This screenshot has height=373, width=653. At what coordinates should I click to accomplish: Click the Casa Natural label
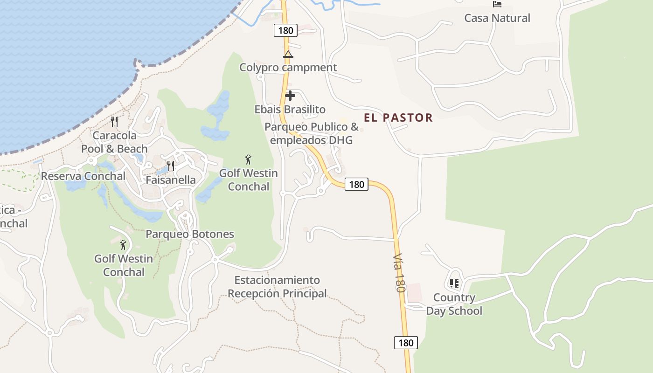coord(497,18)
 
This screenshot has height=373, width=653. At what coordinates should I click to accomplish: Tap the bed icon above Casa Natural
coord(497,4)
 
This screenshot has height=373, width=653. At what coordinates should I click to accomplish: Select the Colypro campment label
coord(288,67)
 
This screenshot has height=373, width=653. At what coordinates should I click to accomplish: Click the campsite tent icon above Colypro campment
coord(288,54)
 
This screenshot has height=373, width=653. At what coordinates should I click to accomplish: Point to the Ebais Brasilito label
coord(290,110)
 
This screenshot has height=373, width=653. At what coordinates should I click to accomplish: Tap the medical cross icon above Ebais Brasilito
coord(290,96)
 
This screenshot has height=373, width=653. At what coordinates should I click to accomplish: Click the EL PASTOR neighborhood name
coord(398,118)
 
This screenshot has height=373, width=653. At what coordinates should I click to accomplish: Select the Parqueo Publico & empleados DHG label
coord(311,133)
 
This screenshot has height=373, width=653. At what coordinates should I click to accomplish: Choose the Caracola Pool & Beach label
coord(114,142)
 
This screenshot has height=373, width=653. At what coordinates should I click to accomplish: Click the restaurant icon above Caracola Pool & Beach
coord(114,122)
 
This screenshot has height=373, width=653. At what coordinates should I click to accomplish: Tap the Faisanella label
coord(171,180)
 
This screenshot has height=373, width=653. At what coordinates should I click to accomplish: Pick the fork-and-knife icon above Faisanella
coord(171,166)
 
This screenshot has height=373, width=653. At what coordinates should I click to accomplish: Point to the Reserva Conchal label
coord(83,176)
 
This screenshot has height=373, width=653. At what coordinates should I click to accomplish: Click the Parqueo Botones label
coord(190,234)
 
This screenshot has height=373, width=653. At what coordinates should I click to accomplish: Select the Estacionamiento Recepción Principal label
coord(277,287)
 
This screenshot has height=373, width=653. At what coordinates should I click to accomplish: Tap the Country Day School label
coord(454,304)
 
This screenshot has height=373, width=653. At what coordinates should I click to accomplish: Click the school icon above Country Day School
coord(454,283)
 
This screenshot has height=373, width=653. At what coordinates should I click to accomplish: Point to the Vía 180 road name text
coord(399,273)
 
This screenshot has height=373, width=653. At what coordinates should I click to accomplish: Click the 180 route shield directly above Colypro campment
coord(285,31)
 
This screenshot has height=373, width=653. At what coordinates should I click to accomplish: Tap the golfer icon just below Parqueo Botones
coord(123,244)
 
